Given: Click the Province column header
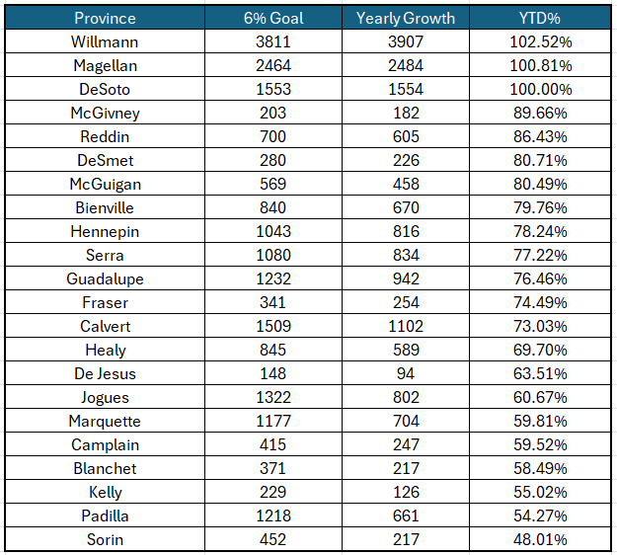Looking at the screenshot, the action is pyautogui.click(x=105, y=18).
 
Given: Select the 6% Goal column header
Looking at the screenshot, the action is pyautogui.click(x=273, y=18).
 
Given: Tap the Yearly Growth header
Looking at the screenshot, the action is pyautogui.click(x=406, y=18).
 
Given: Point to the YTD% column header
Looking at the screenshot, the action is pyautogui.click(x=540, y=18).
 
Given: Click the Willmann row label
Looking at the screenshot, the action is pyautogui.click(x=105, y=41).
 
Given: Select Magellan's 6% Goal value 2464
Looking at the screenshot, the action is pyautogui.click(x=273, y=65).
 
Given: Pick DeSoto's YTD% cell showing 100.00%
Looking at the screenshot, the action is pyautogui.click(x=541, y=89).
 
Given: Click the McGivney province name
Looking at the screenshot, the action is pyautogui.click(x=105, y=113).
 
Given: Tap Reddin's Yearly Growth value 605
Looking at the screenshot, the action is pyautogui.click(x=406, y=136).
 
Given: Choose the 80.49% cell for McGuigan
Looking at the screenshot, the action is pyautogui.click(x=540, y=184).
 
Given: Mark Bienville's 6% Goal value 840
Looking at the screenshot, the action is pyautogui.click(x=272, y=207).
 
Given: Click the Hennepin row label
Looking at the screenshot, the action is pyautogui.click(x=105, y=231).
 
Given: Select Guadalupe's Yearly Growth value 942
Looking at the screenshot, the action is pyautogui.click(x=406, y=278).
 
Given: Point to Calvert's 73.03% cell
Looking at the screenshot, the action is pyautogui.click(x=540, y=326).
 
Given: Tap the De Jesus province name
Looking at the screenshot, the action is pyautogui.click(x=105, y=373).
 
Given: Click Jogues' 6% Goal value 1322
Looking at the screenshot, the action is pyautogui.click(x=273, y=397).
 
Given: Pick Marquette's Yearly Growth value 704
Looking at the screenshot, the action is pyautogui.click(x=406, y=421).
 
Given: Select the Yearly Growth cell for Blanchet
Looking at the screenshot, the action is pyautogui.click(x=406, y=468).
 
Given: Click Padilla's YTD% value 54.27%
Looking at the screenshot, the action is pyautogui.click(x=540, y=515).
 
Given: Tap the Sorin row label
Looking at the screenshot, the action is pyautogui.click(x=105, y=539).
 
